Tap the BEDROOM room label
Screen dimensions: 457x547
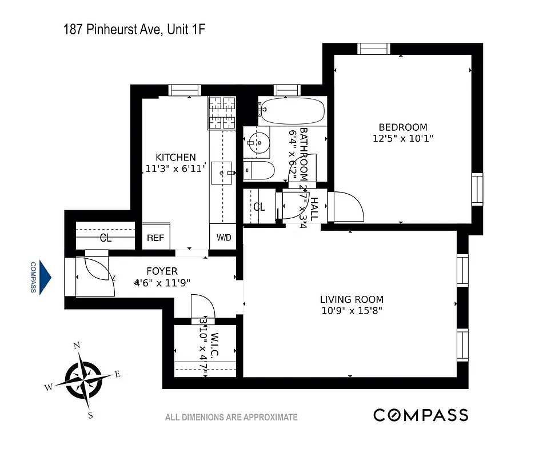(x=402, y=127)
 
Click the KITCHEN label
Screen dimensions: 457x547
(x=176, y=157)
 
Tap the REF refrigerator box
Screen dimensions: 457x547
(x=156, y=238)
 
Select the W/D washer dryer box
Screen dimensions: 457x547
(x=223, y=238)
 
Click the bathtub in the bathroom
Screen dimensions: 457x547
(x=292, y=111)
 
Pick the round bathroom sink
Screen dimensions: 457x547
(x=258, y=141)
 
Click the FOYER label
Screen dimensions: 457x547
(x=162, y=271)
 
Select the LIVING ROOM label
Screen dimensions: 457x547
(x=352, y=299)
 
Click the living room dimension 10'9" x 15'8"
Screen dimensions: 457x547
(x=351, y=311)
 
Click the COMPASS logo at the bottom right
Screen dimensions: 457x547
(x=421, y=415)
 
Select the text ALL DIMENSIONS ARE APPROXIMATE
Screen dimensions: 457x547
(x=231, y=418)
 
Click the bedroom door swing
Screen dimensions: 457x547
(x=347, y=207)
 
